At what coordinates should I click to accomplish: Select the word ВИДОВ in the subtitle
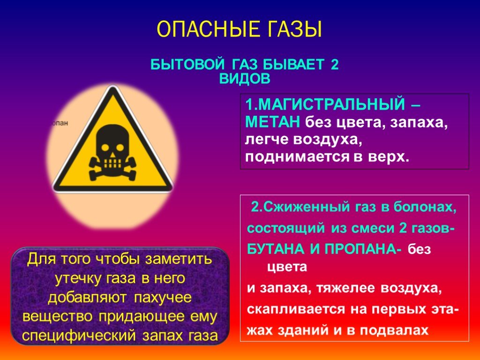(245, 79)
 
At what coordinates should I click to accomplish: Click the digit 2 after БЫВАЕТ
(334, 65)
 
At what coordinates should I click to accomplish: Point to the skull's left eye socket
(105, 148)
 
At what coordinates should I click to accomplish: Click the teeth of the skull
(112, 163)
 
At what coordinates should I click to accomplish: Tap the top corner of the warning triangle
(113, 87)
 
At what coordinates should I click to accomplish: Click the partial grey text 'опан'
(60, 123)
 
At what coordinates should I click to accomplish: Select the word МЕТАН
(272, 122)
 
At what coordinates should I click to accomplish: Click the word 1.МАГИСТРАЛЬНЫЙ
(325, 105)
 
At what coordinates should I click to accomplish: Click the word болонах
(425, 207)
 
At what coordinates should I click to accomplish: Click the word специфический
(79, 336)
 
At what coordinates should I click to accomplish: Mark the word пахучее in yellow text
(163, 297)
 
